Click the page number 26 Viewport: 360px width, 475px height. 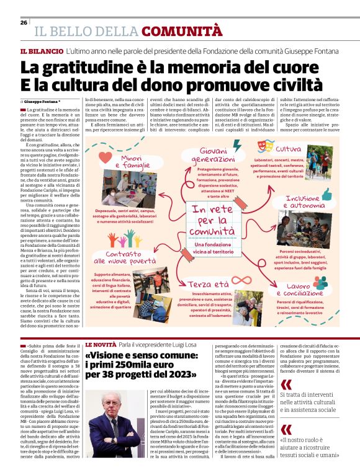click(24, 22)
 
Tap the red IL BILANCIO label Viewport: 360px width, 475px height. click(42, 51)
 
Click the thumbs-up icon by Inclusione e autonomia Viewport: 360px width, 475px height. click(327, 194)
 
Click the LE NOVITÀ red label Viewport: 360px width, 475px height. click(100, 344)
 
